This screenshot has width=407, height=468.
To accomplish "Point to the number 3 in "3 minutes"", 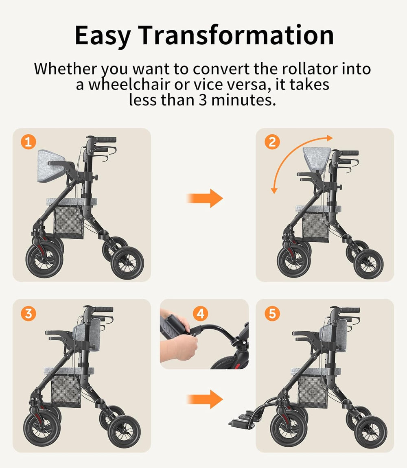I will coord(203,100).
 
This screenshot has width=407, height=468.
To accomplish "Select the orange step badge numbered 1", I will coord(28,142).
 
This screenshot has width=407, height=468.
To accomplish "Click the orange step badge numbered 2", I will coord(272,142).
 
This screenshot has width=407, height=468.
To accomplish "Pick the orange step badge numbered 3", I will coord(28,313).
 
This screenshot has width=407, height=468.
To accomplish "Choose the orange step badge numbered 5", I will coord(272,313).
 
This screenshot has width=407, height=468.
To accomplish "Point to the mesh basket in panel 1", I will coord(69,222).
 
